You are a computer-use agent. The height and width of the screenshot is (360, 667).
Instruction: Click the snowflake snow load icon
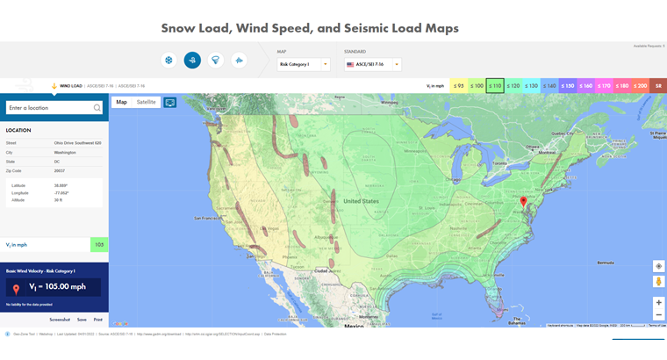(x=167, y=60)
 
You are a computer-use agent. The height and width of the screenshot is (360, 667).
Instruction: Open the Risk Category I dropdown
(x=303, y=64)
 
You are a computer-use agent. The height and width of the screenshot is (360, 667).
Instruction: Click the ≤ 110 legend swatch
(x=495, y=85)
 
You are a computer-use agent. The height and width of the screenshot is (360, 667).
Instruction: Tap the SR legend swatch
(x=657, y=85)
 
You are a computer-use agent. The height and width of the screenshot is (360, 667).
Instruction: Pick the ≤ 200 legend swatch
(x=639, y=85)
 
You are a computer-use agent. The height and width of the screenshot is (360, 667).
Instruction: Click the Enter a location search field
(x=49, y=108)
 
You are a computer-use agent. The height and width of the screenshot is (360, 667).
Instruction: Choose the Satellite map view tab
(x=146, y=102)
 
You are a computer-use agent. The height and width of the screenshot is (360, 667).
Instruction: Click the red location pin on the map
(x=523, y=201)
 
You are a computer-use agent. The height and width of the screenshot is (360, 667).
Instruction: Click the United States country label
(x=362, y=201)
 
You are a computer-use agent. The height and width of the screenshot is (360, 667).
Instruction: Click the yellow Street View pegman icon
(x=658, y=282)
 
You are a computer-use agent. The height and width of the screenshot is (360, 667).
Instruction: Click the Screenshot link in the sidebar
(x=60, y=320)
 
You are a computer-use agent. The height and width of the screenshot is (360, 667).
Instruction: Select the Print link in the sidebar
(x=98, y=320)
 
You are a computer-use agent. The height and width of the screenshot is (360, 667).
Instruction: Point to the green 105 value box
(x=99, y=245)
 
